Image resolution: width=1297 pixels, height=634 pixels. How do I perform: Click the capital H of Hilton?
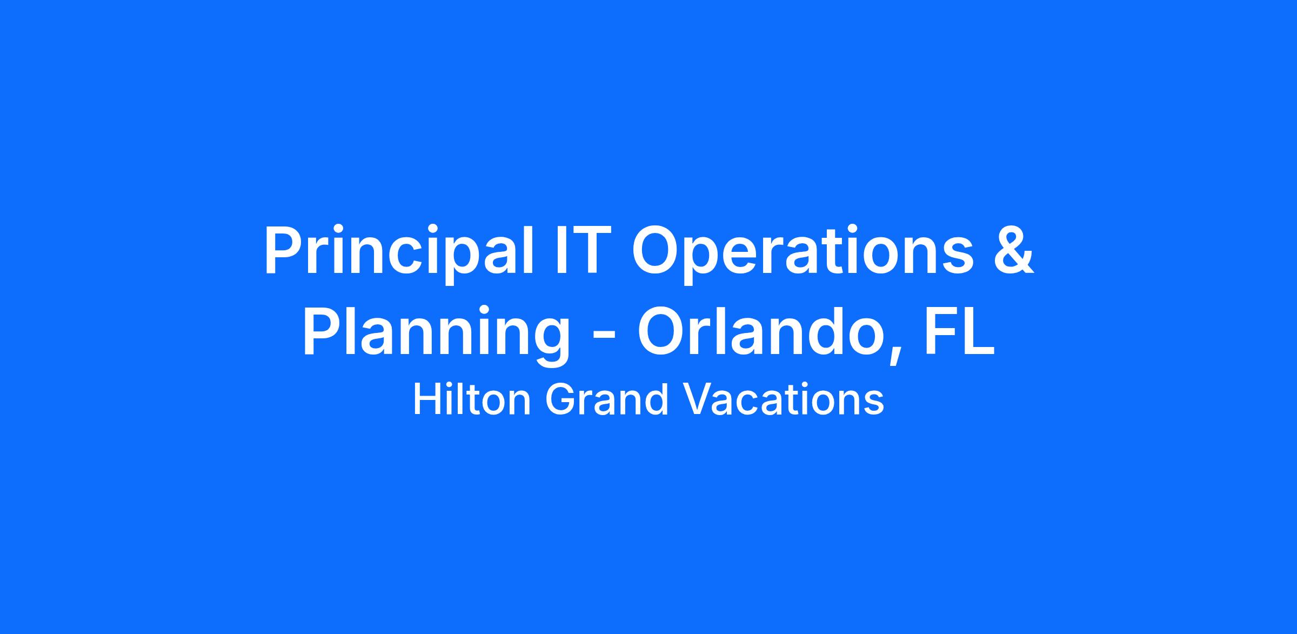[425, 400]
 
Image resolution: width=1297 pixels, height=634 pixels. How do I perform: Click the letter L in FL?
[980, 331]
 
